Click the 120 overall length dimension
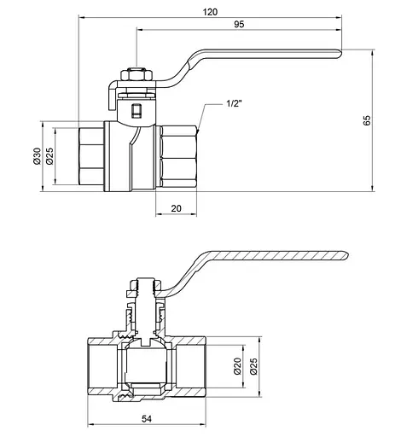point(210,12)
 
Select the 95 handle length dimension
point(239,24)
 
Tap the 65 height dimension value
point(367,120)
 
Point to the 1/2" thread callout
point(234,103)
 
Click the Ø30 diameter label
point(38,156)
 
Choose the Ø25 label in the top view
point(49,156)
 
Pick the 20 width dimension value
point(176,208)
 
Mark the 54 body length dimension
point(147,419)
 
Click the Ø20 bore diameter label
point(237,366)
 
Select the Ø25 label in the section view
point(253,366)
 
